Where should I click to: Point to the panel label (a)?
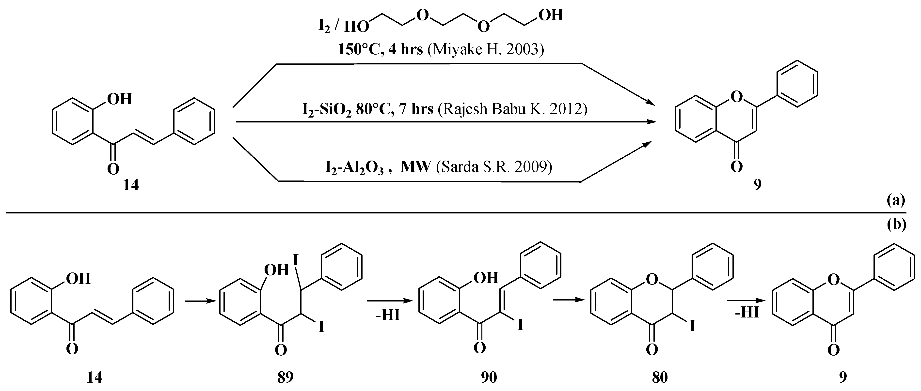point(896,201)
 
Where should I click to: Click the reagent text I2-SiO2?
point(327,109)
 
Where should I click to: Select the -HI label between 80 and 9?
point(747,313)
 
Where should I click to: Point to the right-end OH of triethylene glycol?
point(551,15)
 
